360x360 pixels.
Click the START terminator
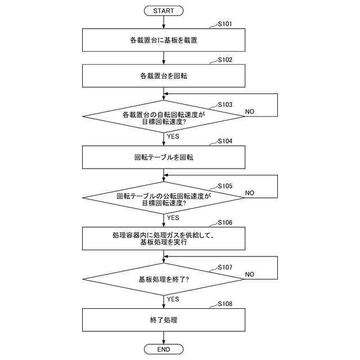pos(164,11)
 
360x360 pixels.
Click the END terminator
pos(164,350)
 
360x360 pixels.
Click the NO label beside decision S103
pos(250,111)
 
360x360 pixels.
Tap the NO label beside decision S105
pos(250,193)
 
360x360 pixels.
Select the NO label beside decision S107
pos(250,274)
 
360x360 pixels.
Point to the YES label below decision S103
pos(173,137)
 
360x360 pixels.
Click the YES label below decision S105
pos(173,218)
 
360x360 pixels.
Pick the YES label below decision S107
pos(173,299)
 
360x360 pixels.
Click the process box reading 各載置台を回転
pos(164,75)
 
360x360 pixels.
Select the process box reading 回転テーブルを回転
pos(164,157)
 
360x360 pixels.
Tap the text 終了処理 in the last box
pos(164,319)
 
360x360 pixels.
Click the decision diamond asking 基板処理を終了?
pos(164,279)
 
